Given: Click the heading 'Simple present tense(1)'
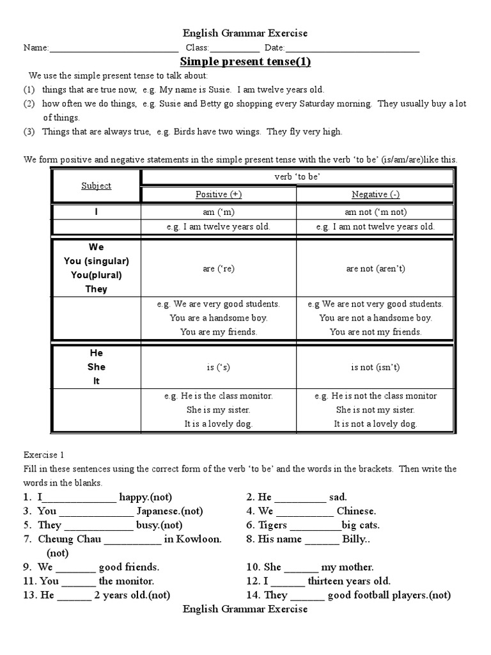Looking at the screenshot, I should tap(245, 62).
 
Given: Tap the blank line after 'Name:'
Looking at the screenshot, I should tap(114, 49).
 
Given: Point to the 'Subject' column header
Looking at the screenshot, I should tap(96, 185).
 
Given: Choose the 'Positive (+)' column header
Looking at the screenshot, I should tap(218, 194).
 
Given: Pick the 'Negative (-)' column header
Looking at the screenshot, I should tap(375, 194).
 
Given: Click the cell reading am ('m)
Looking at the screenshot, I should tap(218, 212).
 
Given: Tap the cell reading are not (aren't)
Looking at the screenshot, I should tap(375, 269).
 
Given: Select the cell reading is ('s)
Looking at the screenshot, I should tap(218, 367).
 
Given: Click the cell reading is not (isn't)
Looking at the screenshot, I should tap(375, 367).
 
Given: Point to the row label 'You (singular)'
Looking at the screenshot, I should tap(96, 261).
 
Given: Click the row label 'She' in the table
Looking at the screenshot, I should tap(96, 367).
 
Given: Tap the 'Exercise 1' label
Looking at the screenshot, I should tap(44, 455).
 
